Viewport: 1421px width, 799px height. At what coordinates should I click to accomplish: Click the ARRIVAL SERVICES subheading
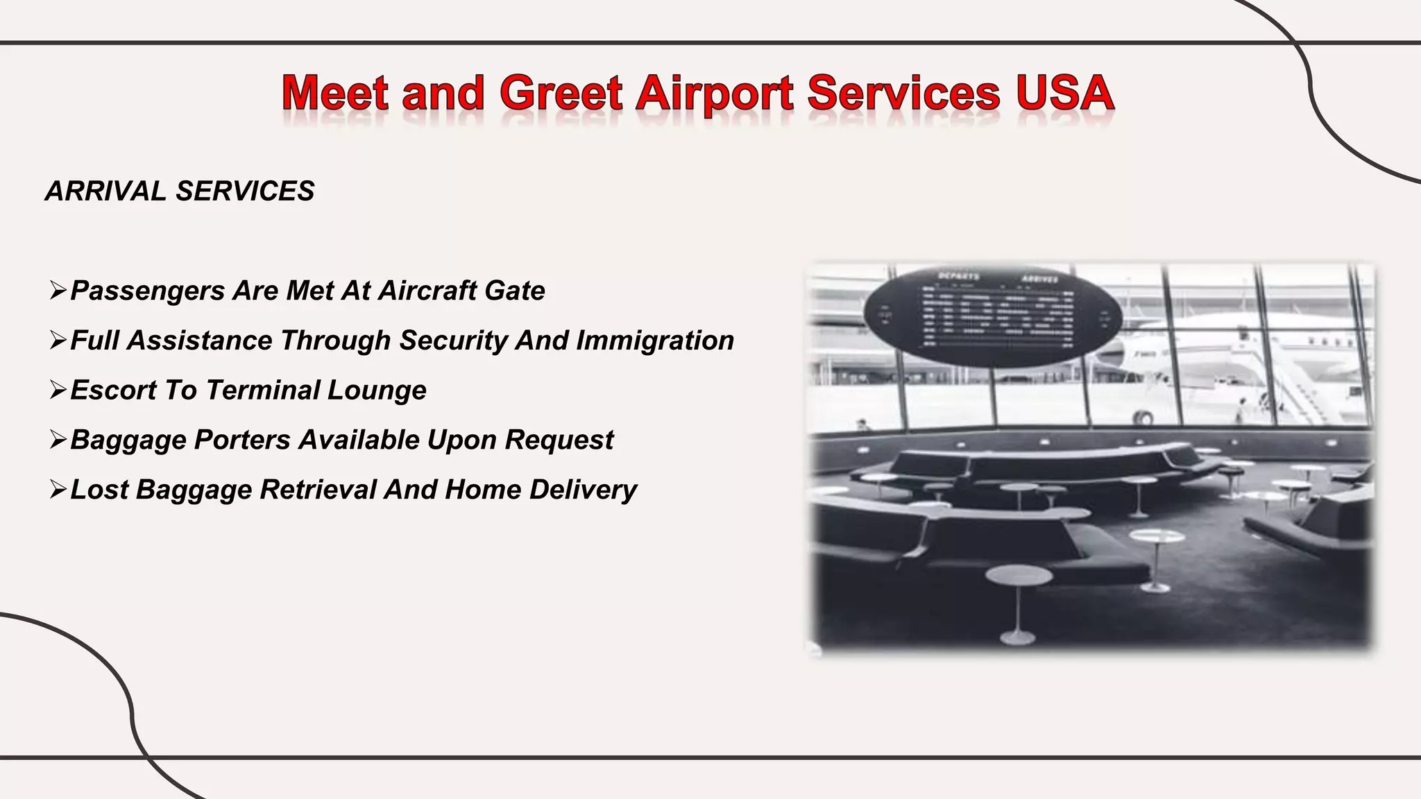180,191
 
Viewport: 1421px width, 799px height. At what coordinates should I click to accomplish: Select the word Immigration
655,341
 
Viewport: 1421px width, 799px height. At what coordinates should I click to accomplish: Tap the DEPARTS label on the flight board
958,277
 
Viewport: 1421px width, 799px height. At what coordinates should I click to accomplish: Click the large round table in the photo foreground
1019,576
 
